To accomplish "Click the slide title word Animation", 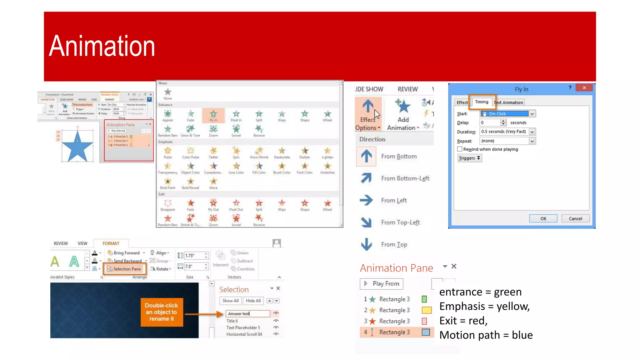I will pos(102,46).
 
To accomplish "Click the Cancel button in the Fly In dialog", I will pos(575,218).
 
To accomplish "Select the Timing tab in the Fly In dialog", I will pos(482,102).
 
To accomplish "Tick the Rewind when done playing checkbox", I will pos(460,149).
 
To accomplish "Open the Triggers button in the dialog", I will pos(469,158).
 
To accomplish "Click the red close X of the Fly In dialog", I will pos(584,88).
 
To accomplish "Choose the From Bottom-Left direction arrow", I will pos(366,178).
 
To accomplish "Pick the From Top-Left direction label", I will pos(400,222).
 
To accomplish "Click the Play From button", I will pos(382,284).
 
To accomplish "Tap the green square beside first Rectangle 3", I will pos(424,299).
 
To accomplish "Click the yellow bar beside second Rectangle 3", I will pos(427,310).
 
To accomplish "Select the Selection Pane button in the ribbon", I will pos(124,269).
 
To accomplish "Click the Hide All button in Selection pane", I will pos(253,301).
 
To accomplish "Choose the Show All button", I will pos(230,301).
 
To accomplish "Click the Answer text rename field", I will pos(247,313).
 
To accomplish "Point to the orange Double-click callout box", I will pos(162,312).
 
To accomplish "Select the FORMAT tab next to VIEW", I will pos(111,243).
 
